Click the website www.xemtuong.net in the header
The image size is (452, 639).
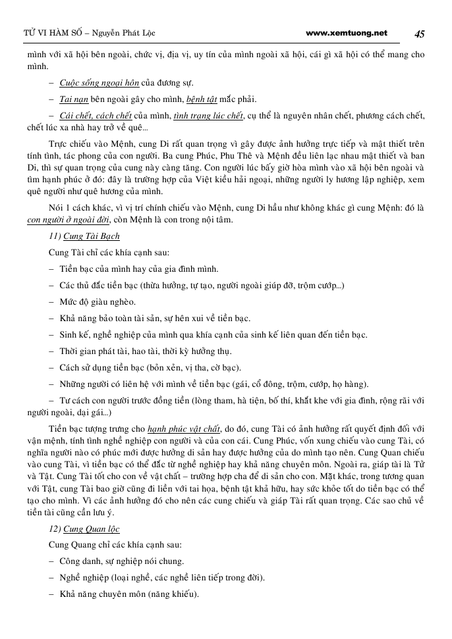[347, 33]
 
